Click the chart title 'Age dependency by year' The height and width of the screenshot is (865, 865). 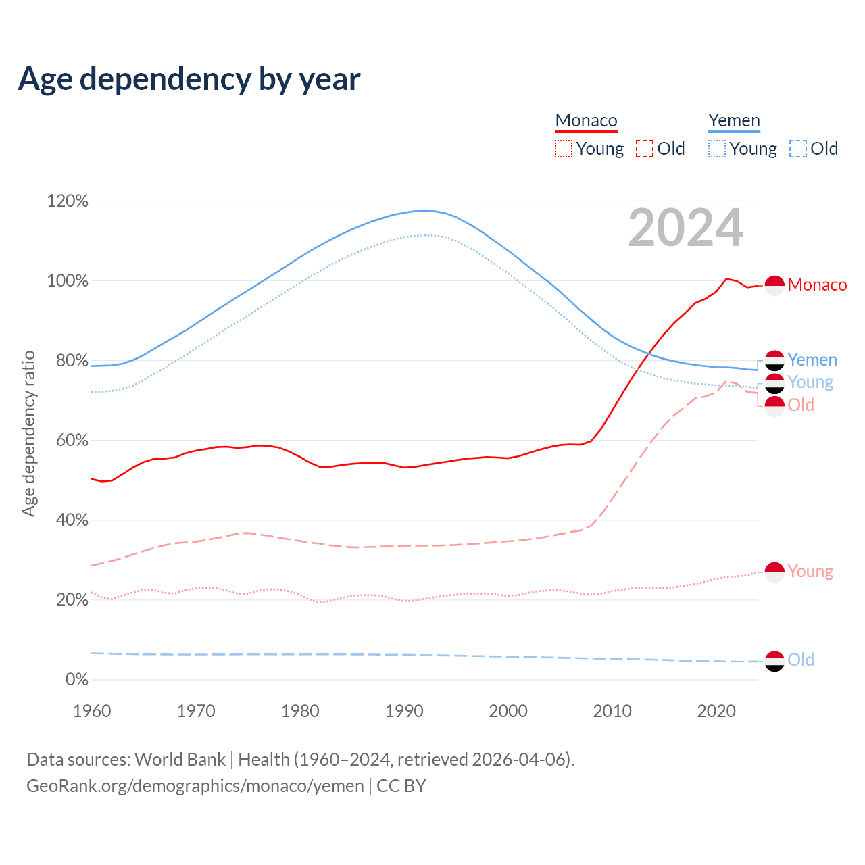(x=189, y=79)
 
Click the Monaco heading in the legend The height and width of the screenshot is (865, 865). (x=586, y=120)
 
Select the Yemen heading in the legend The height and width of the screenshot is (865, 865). (x=734, y=120)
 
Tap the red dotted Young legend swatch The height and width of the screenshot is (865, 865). (x=563, y=149)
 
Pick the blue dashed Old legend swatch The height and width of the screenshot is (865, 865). (x=797, y=149)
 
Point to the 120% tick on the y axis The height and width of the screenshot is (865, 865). (x=68, y=201)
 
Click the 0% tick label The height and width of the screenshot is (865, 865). (x=76, y=679)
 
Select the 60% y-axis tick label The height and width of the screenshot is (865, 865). (x=72, y=440)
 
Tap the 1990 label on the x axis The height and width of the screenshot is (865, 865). (x=404, y=711)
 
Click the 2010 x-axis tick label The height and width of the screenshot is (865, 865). (x=612, y=711)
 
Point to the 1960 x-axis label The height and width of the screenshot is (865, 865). (x=92, y=711)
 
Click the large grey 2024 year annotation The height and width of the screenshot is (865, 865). (x=685, y=228)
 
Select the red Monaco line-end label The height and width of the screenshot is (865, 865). (x=817, y=285)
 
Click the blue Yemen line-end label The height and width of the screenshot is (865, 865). (x=812, y=360)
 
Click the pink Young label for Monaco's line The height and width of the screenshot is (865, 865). (x=810, y=572)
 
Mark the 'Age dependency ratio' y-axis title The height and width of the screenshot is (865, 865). (x=28, y=433)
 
